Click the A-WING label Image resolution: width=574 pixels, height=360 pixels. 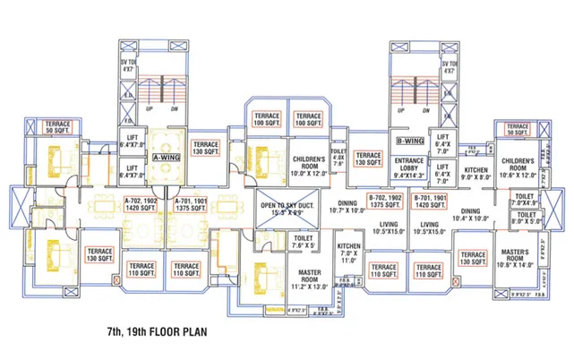coord(167,156)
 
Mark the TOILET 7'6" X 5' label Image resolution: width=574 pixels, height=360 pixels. coord(303,242)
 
